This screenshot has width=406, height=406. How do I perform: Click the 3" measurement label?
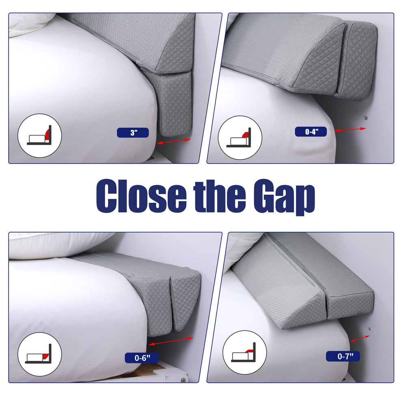pos(133,133)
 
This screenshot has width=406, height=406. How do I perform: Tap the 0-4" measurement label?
pos(311,132)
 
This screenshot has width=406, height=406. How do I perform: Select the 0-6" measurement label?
pos(142,358)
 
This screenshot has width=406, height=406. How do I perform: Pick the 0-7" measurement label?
pos(343,356)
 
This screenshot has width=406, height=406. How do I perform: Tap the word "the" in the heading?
pos(220,196)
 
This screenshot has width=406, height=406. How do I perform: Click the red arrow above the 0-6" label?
pos(171,341)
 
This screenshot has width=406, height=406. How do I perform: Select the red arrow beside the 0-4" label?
pos(350,130)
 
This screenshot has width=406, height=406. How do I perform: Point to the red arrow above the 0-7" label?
pos(360,339)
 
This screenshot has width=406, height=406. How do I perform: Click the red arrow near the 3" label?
pos(174,141)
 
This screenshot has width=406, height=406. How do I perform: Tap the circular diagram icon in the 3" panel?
pos(40,136)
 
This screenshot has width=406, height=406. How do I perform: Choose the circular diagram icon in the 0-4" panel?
pos(240,138)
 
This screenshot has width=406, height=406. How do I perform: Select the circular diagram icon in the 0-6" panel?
pos(40,354)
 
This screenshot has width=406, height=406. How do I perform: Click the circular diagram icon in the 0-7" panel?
pos(244,352)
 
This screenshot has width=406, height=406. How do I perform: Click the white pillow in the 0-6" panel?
pos(60,245)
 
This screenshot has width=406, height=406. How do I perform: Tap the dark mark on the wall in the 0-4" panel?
pos(366,118)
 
